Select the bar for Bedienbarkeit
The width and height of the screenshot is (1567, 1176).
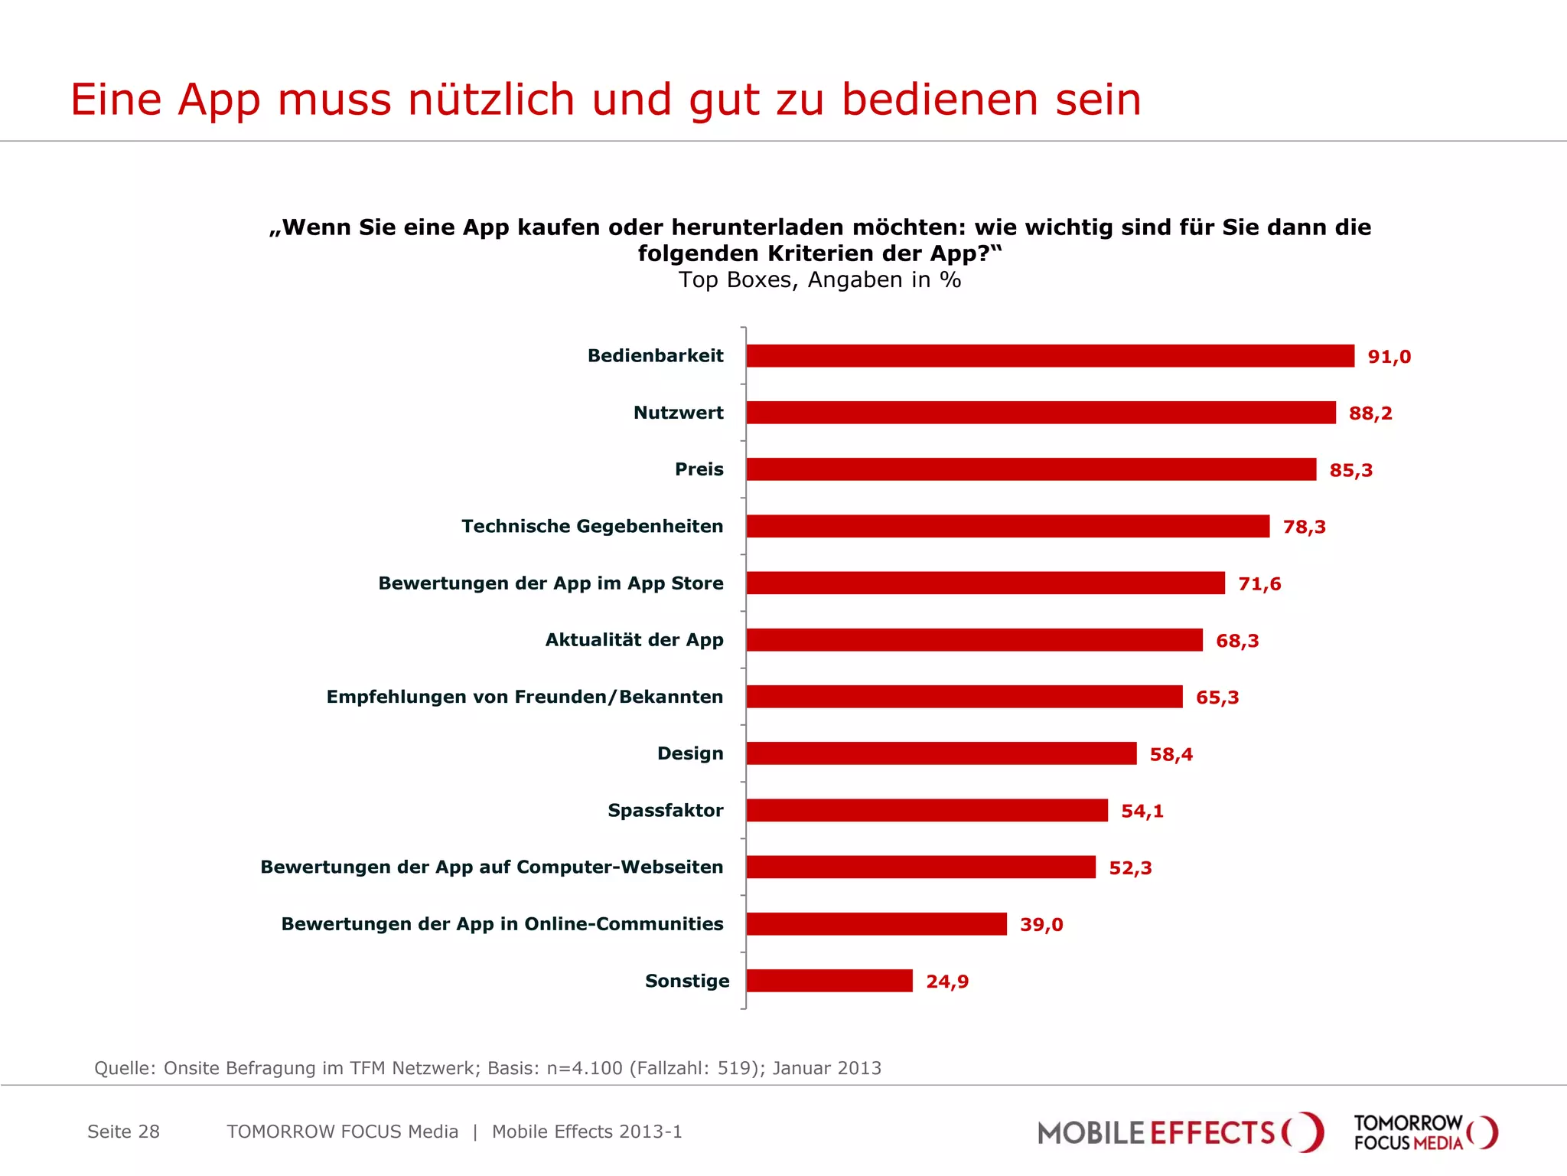click(1050, 356)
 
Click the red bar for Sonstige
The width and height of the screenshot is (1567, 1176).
click(829, 981)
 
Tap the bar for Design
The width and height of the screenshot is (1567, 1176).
click(941, 753)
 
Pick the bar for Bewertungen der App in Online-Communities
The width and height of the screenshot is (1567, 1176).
click(876, 924)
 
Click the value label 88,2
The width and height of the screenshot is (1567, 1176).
click(1370, 413)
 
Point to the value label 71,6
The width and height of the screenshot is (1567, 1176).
click(1259, 584)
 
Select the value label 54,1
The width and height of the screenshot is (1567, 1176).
click(1142, 811)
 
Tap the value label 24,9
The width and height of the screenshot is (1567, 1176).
click(947, 982)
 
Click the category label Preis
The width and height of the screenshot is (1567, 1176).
click(699, 469)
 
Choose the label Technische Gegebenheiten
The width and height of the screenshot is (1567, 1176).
click(592, 526)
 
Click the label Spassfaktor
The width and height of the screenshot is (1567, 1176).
click(665, 810)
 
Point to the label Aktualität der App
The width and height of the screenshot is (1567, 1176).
click(634, 640)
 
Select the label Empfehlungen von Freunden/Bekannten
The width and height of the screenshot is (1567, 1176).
click(524, 697)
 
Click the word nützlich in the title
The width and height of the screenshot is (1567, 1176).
click(490, 100)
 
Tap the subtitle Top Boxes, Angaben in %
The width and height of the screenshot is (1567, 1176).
click(819, 280)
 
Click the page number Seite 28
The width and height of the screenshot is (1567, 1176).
click(123, 1132)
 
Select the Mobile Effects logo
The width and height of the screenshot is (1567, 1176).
click(1179, 1132)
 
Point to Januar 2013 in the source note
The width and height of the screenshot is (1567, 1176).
click(826, 1068)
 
